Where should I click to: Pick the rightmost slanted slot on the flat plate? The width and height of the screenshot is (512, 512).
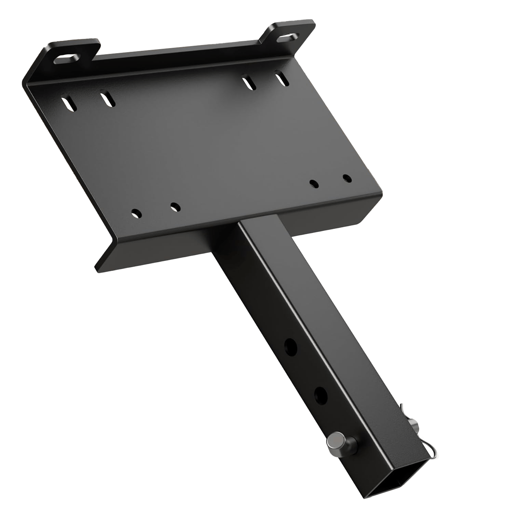coord(282,79)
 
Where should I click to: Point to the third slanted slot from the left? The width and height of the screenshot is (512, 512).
coord(249,83)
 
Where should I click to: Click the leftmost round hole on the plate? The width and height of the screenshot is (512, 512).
coord(136,213)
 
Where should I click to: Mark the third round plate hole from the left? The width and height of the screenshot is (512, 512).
coord(313,184)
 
